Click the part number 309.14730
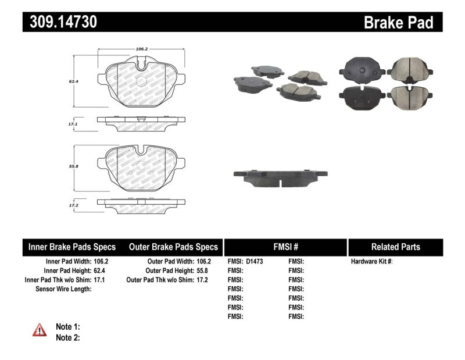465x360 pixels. point(60,22)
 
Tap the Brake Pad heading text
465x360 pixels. point(399,23)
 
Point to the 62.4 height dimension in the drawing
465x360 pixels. point(72,82)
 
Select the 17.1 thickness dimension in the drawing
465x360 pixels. point(72,124)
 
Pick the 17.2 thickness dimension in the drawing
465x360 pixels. point(72,206)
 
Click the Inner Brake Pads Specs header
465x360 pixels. point(72,247)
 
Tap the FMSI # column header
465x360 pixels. point(285,247)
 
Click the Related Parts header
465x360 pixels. point(396,247)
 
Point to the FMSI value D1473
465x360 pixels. point(254,262)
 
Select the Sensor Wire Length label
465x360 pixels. point(63,289)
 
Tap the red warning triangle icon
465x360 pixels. point(40,330)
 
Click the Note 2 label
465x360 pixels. point(67,337)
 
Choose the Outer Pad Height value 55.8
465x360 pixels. point(202,271)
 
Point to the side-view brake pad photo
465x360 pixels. point(280,177)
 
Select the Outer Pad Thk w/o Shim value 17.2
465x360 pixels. point(202,280)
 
